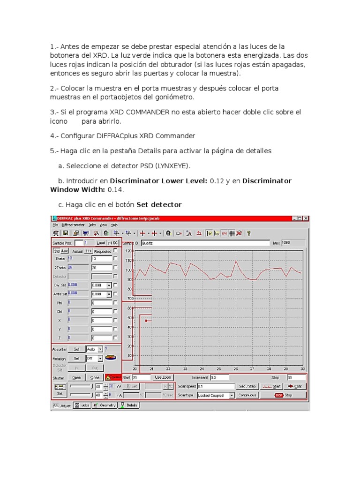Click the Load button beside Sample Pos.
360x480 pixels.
tap(101, 243)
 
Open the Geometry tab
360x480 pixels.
tap(104, 405)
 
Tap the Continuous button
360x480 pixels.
tap(247, 395)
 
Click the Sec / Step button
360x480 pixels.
tap(247, 386)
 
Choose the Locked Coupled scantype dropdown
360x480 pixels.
tap(216, 395)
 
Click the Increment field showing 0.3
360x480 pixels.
tap(219, 377)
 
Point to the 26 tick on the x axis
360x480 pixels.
tap(236, 369)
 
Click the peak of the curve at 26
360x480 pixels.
tap(236, 261)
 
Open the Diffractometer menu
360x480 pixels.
tap(73, 225)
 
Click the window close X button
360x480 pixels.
tap(306, 218)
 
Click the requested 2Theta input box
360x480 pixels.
tap(101, 267)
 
